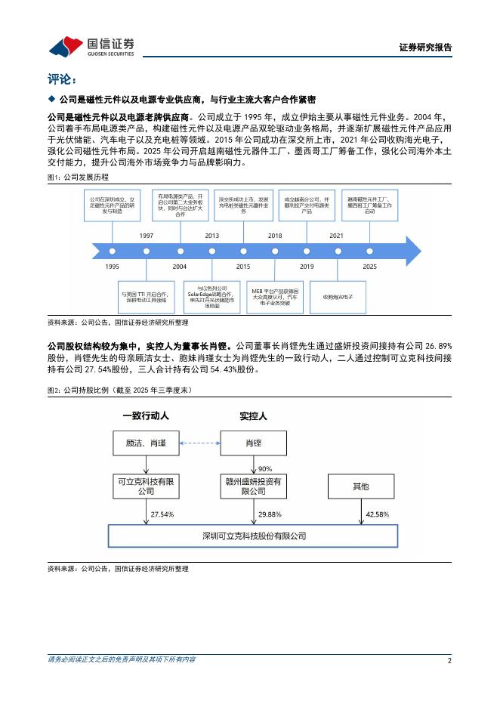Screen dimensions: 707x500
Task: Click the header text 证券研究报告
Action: pyautogui.click(x=425, y=47)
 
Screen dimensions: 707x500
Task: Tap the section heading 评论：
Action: pyautogui.click(x=62, y=79)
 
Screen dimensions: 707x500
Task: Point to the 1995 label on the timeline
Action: pyautogui.click(x=112, y=267)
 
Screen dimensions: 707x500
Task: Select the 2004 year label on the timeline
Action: pyautogui.click(x=179, y=267)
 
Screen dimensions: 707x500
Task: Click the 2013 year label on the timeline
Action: pyautogui.click(x=211, y=236)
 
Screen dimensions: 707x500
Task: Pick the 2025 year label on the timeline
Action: pyautogui.click(x=369, y=267)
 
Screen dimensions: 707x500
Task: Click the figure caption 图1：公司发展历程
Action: pyautogui.click(x=77, y=177)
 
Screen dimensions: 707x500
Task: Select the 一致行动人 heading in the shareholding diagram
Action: pyautogui.click(x=147, y=415)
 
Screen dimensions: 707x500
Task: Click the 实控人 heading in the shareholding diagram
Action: pyautogui.click(x=253, y=415)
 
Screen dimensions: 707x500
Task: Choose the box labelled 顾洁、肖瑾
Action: pyautogui.click(x=147, y=443)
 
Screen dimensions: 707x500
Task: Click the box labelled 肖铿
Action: pyautogui.click(x=254, y=443)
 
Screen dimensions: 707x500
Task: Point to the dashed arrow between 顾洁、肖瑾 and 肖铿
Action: pyautogui.click(x=199, y=443)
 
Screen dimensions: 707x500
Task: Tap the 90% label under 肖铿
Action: pyautogui.click(x=265, y=468)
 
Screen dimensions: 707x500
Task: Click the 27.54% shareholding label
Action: pyautogui.click(x=162, y=514)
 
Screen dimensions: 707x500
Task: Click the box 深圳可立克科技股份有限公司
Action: pyautogui.click(x=254, y=536)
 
